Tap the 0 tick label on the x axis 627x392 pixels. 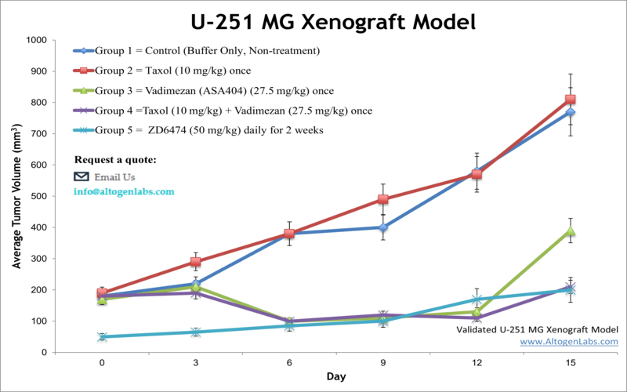(x=102, y=362)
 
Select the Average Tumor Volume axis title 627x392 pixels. (x=16, y=196)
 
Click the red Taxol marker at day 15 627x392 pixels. (x=571, y=100)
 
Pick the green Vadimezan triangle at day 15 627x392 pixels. (x=571, y=230)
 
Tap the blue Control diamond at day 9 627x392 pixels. (x=383, y=227)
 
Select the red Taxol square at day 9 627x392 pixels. (x=383, y=199)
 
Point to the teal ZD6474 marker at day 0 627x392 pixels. (x=102, y=337)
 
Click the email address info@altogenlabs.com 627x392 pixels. (x=125, y=191)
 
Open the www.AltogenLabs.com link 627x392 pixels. (x=568, y=342)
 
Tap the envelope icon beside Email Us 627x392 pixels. (x=82, y=176)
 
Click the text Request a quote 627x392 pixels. (x=115, y=160)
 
